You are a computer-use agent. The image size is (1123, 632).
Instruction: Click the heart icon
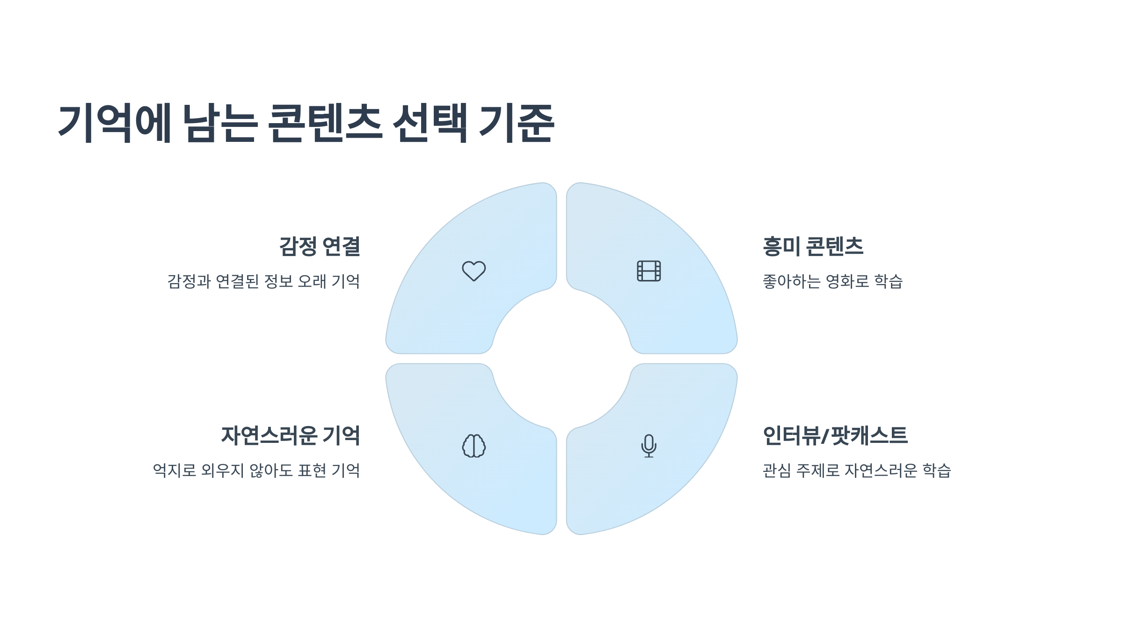[x=474, y=271]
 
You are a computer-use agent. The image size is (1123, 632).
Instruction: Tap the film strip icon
[x=649, y=271]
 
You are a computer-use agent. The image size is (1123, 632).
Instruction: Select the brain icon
[x=474, y=446]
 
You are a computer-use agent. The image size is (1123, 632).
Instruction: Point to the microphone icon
[x=649, y=446]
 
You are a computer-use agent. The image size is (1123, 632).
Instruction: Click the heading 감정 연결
[x=320, y=246]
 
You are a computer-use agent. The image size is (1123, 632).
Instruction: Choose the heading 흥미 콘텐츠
[x=813, y=246]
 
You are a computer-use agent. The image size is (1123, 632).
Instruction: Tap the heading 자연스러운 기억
[x=291, y=435]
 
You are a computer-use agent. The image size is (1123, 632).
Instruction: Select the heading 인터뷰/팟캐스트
[x=835, y=435]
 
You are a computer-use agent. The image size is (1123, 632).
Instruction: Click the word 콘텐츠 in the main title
[x=325, y=123]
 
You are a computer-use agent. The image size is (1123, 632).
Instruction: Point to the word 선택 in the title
[x=430, y=123]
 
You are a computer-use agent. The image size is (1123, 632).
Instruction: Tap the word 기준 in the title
[x=517, y=123]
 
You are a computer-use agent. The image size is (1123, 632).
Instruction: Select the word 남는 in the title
[x=219, y=123]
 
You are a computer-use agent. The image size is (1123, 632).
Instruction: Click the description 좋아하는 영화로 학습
[x=832, y=281]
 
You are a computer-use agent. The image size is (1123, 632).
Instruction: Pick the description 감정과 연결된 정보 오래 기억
[x=263, y=281]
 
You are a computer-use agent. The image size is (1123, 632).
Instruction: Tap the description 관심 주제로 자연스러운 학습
[x=857, y=470]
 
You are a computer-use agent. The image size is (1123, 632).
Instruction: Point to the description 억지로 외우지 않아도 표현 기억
[x=256, y=470]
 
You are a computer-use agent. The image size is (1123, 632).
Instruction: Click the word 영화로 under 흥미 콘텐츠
[x=847, y=281]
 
